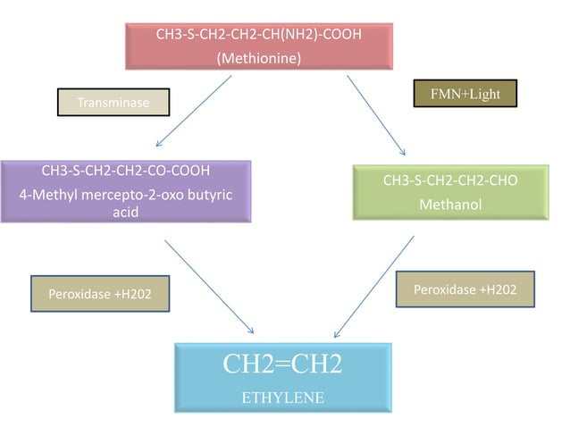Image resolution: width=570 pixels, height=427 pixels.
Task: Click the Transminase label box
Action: [x=113, y=103]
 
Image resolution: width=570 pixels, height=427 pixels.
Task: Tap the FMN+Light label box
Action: [x=465, y=95]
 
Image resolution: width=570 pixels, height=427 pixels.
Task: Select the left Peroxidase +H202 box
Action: [x=100, y=293]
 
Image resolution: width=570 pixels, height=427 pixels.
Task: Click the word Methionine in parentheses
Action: [x=259, y=59]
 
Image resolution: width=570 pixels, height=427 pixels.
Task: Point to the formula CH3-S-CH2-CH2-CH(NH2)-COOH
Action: [x=259, y=36]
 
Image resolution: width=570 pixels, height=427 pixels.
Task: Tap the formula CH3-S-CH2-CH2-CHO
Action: [x=450, y=181]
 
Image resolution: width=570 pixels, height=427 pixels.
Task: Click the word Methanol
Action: [x=450, y=205]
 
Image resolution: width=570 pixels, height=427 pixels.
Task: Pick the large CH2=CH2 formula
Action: [x=282, y=364]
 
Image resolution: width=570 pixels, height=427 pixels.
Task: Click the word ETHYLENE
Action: [x=282, y=396]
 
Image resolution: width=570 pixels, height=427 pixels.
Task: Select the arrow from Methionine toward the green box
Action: [x=376, y=114]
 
